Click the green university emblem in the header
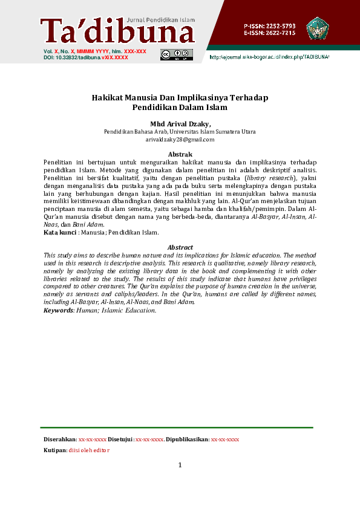tap(317, 28)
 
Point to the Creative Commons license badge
tap(176, 55)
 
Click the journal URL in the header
tap(269, 57)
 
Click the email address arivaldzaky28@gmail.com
tap(180, 140)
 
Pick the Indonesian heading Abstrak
tap(180, 155)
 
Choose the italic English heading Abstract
tap(180, 247)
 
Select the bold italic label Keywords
tap(59, 310)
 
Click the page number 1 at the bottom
tap(180, 465)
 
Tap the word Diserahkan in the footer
tap(60, 439)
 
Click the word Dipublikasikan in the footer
tap(187, 439)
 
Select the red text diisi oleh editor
tap(89, 450)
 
